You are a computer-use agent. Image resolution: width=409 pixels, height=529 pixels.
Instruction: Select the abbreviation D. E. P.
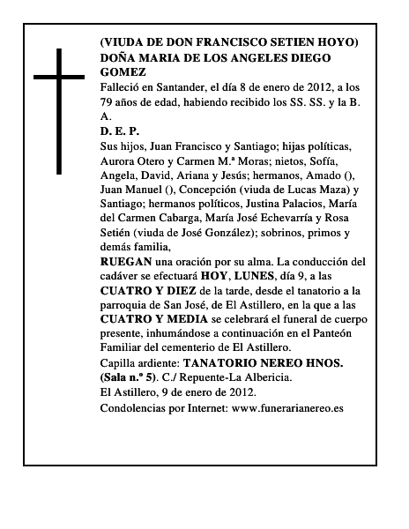pyautogui.click(x=119, y=130)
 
